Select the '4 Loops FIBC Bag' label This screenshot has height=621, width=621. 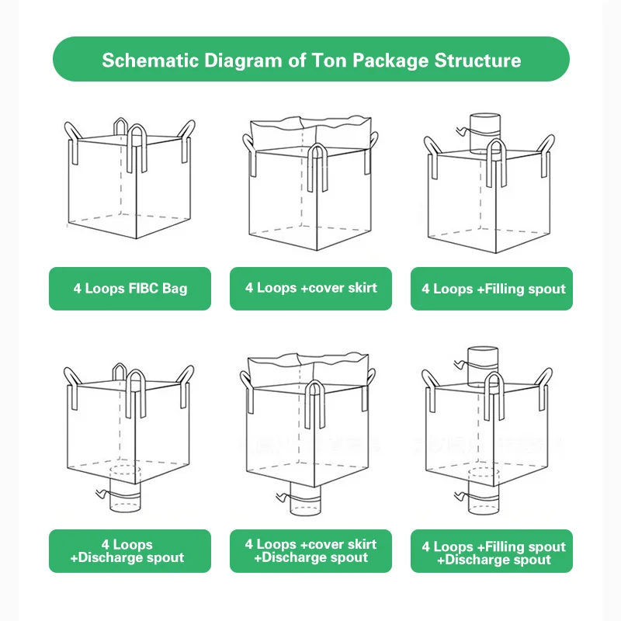tap(130, 289)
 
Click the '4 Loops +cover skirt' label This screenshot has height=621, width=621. tap(310, 288)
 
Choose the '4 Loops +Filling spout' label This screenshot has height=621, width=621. tap(492, 289)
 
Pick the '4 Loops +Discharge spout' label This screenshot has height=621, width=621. tap(130, 551)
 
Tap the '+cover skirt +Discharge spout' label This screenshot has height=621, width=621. tap(310, 551)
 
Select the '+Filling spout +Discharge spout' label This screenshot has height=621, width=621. tap(492, 552)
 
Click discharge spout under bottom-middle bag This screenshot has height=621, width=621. tap(306, 501)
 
